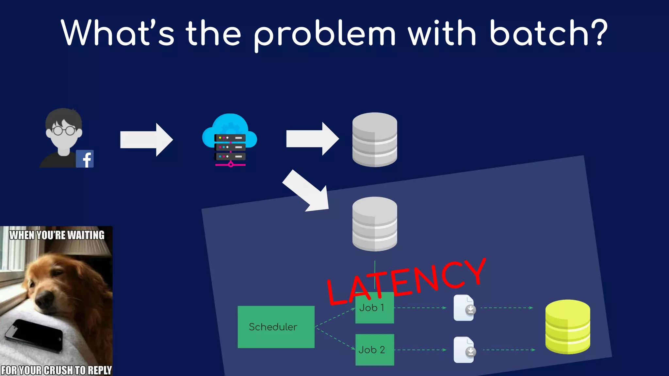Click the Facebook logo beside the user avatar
click(x=85, y=159)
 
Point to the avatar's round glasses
click(x=64, y=131)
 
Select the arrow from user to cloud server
click(x=146, y=140)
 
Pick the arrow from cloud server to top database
click(x=312, y=139)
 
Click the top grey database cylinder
click(x=375, y=140)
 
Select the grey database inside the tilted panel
click(x=375, y=224)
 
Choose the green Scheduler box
click(x=276, y=327)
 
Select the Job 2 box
click(x=375, y=350)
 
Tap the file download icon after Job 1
click(x=464, y=308)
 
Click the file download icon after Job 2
click(x=464, y=350)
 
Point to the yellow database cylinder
click(x=567, y=327)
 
